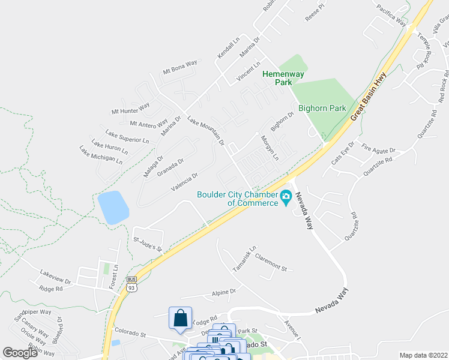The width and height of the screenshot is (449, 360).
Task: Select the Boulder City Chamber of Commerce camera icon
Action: [286, 196]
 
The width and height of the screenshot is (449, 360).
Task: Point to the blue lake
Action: [113, 208]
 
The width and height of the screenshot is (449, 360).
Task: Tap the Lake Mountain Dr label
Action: [205, 131]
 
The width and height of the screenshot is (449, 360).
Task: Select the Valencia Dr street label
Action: [184, 182]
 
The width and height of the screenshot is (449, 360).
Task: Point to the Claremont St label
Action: [271, 263]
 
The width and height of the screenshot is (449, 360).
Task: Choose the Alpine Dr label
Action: [224, 292]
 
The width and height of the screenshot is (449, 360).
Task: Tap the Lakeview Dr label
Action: [55, 277]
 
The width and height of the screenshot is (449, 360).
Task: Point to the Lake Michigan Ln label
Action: [101, 155]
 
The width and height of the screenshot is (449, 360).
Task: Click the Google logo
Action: [20, 353]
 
